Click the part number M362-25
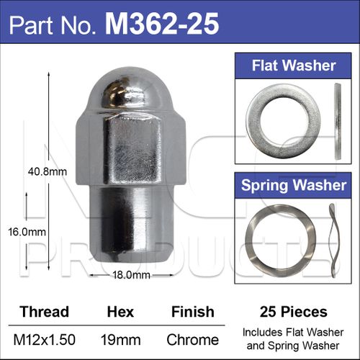click(162, 23)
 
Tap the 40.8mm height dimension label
click(48, 172)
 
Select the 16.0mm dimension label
click(27, 232)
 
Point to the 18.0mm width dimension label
click(131, 275)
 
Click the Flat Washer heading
click(294, 66)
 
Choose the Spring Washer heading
click(294, 185)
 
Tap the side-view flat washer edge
click(338, 121)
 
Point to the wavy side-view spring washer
click(333, 240)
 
